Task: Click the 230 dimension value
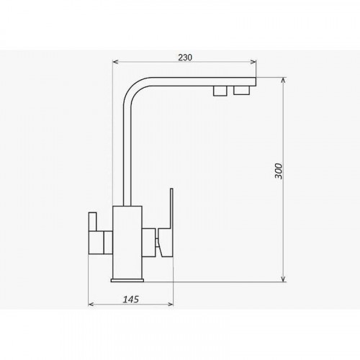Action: coord(185,58)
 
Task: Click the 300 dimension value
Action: coord(279,171)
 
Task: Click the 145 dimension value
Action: coord(131,300)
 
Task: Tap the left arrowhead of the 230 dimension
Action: coord(115,62)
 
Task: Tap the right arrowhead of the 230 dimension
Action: coord(253,62)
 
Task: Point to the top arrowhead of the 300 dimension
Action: coord(284,80)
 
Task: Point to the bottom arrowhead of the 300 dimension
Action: coord(284,279)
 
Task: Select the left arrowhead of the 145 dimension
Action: coord(91,305)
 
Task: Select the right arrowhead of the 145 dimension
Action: coord(170,305)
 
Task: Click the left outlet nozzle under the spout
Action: coord(220,91)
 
